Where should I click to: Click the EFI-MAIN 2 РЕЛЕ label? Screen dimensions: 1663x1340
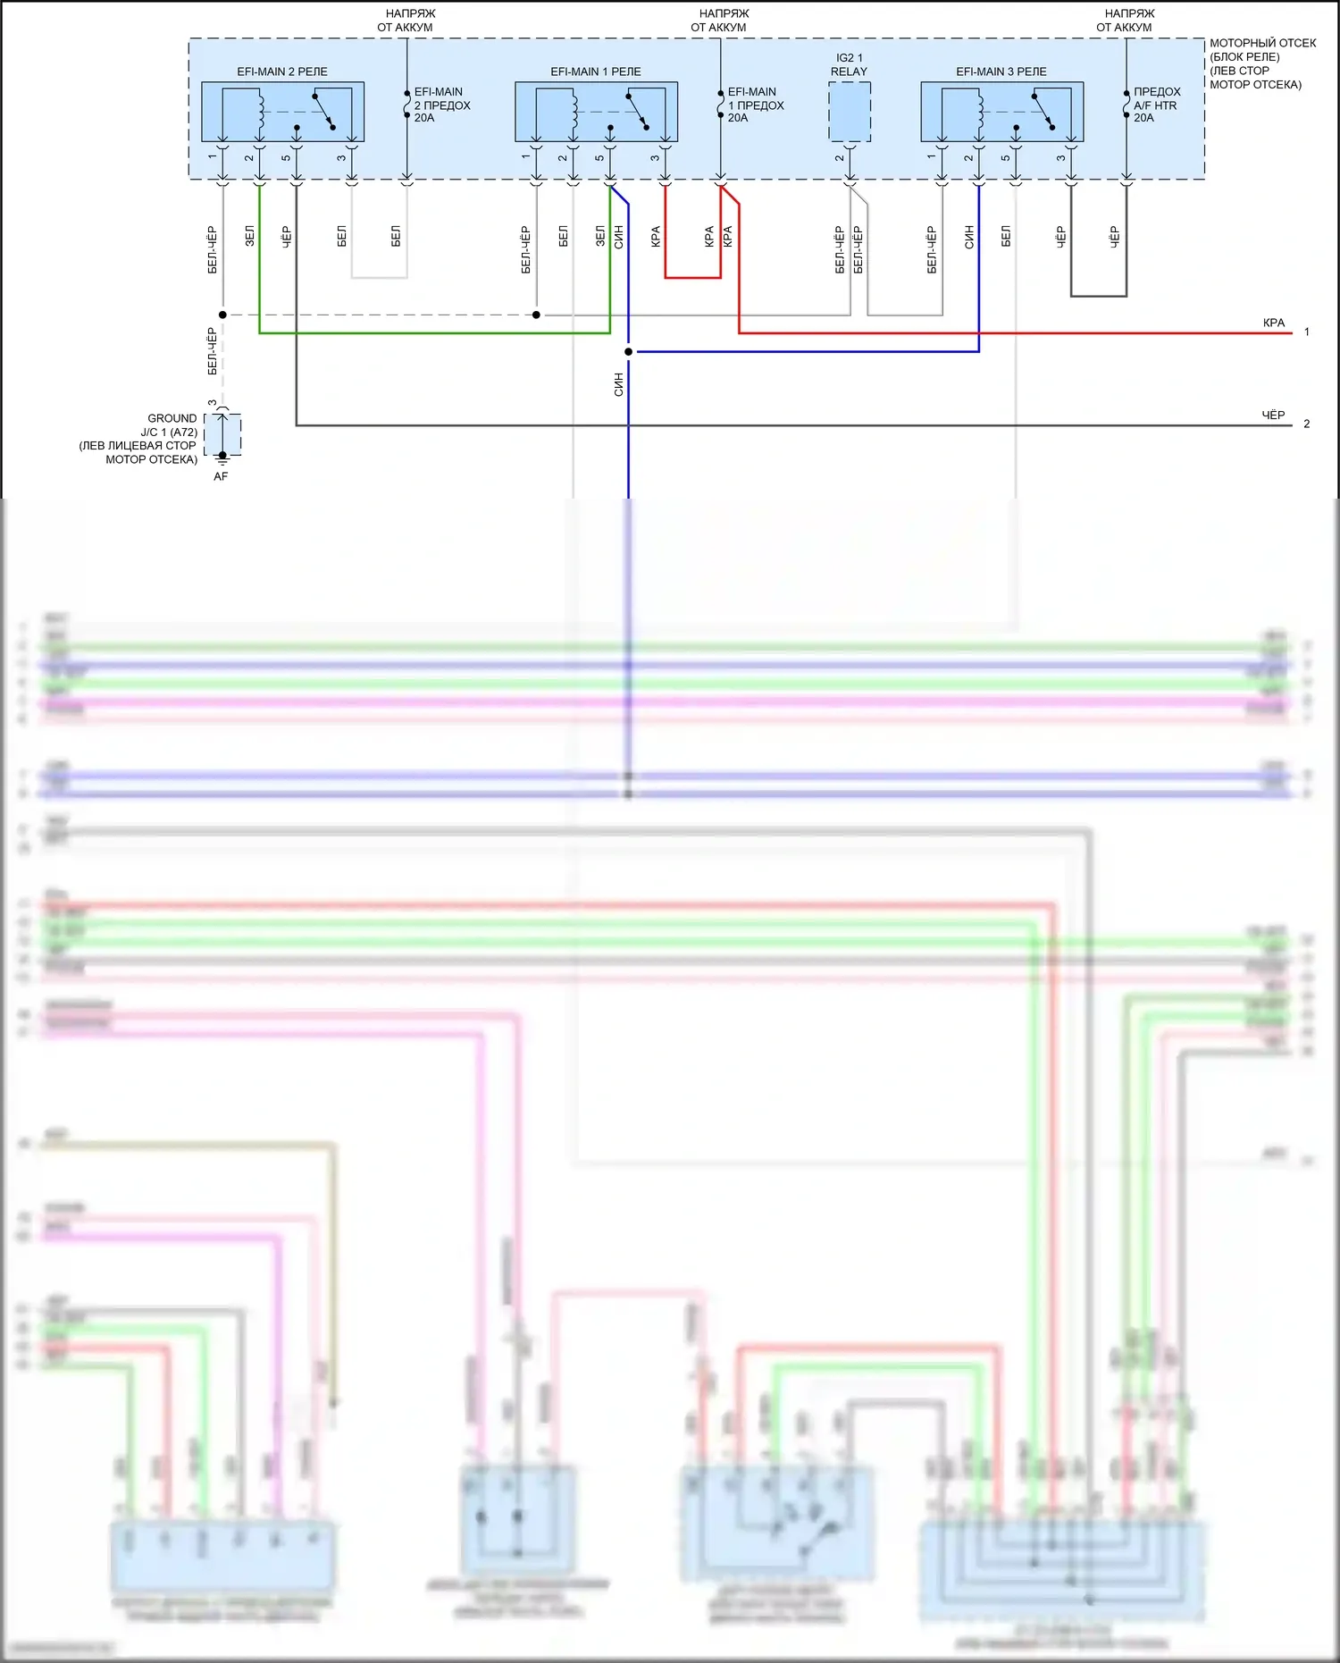282,71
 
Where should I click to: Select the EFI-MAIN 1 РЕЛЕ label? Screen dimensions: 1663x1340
596,71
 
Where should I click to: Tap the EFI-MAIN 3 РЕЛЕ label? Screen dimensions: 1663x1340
1001,71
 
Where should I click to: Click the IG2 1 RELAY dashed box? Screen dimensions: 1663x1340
850,112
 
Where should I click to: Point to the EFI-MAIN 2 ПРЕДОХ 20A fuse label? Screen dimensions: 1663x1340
441,105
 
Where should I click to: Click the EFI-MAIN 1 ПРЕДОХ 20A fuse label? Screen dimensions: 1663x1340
755,105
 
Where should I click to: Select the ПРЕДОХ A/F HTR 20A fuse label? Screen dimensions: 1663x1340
1156,105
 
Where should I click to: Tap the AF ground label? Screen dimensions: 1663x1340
221,476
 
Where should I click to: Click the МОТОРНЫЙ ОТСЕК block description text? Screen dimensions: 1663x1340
1261,63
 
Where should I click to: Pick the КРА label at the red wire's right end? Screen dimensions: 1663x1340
1274,323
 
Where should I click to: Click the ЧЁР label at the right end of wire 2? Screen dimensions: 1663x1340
1273,415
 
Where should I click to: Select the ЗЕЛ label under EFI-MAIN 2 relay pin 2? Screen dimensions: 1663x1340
250,236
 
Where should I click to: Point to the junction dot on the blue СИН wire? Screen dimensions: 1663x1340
628,351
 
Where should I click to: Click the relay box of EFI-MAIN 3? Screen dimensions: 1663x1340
1001,112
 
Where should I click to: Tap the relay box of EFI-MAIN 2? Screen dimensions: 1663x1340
282,112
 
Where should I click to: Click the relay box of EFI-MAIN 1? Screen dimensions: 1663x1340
596,112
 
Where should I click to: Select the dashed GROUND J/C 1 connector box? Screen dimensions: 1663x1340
222,434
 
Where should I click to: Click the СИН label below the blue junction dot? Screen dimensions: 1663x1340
618,385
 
